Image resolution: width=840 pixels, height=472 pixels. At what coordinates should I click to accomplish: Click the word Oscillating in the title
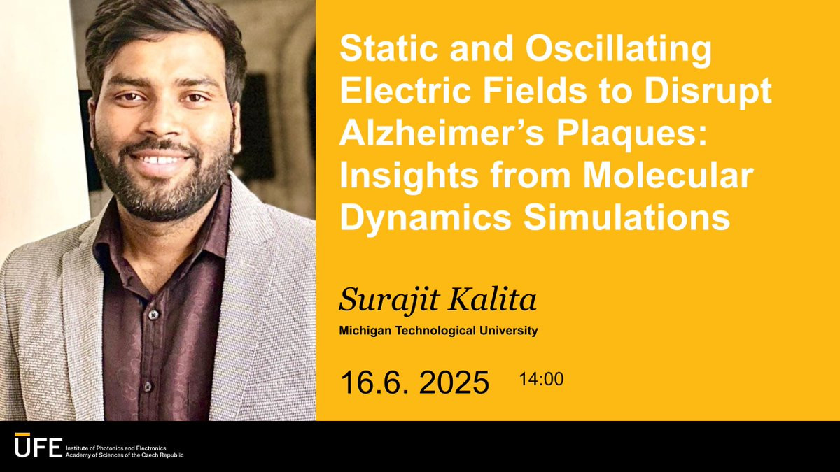coord(618,50)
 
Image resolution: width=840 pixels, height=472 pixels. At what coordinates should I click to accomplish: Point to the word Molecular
coord(668,176)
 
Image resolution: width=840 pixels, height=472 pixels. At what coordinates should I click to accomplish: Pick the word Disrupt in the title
coord(708,93)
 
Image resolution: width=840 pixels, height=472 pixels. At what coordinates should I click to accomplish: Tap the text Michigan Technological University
coord(438,331)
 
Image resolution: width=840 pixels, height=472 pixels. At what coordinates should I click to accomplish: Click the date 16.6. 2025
coord(414,382)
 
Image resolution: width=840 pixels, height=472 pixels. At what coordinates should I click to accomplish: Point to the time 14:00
coord(541,379)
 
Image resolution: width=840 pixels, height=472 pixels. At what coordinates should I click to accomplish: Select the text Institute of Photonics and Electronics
coord(116,448)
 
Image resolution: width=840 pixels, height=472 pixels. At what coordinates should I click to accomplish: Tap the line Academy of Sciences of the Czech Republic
coord(125,455)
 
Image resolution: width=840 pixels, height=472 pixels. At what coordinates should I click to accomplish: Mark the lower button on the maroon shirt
coord(148,387)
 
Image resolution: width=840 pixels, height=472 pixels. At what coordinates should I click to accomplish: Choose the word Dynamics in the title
coord(426,218)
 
